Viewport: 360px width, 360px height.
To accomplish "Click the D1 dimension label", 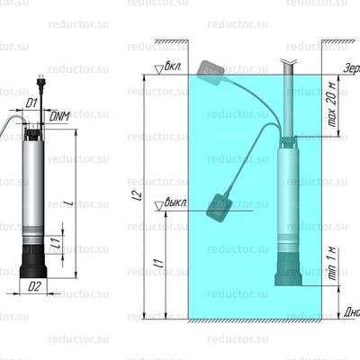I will pyautogui.click(x=31, y=103).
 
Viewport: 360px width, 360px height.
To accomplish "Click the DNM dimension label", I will pyautogui.click(x=58, y=116).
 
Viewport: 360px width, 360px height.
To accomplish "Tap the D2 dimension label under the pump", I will pyautogui.click(x=33, y=287).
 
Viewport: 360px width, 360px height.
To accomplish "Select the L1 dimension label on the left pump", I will pyautogui.click(x=56, y=243).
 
